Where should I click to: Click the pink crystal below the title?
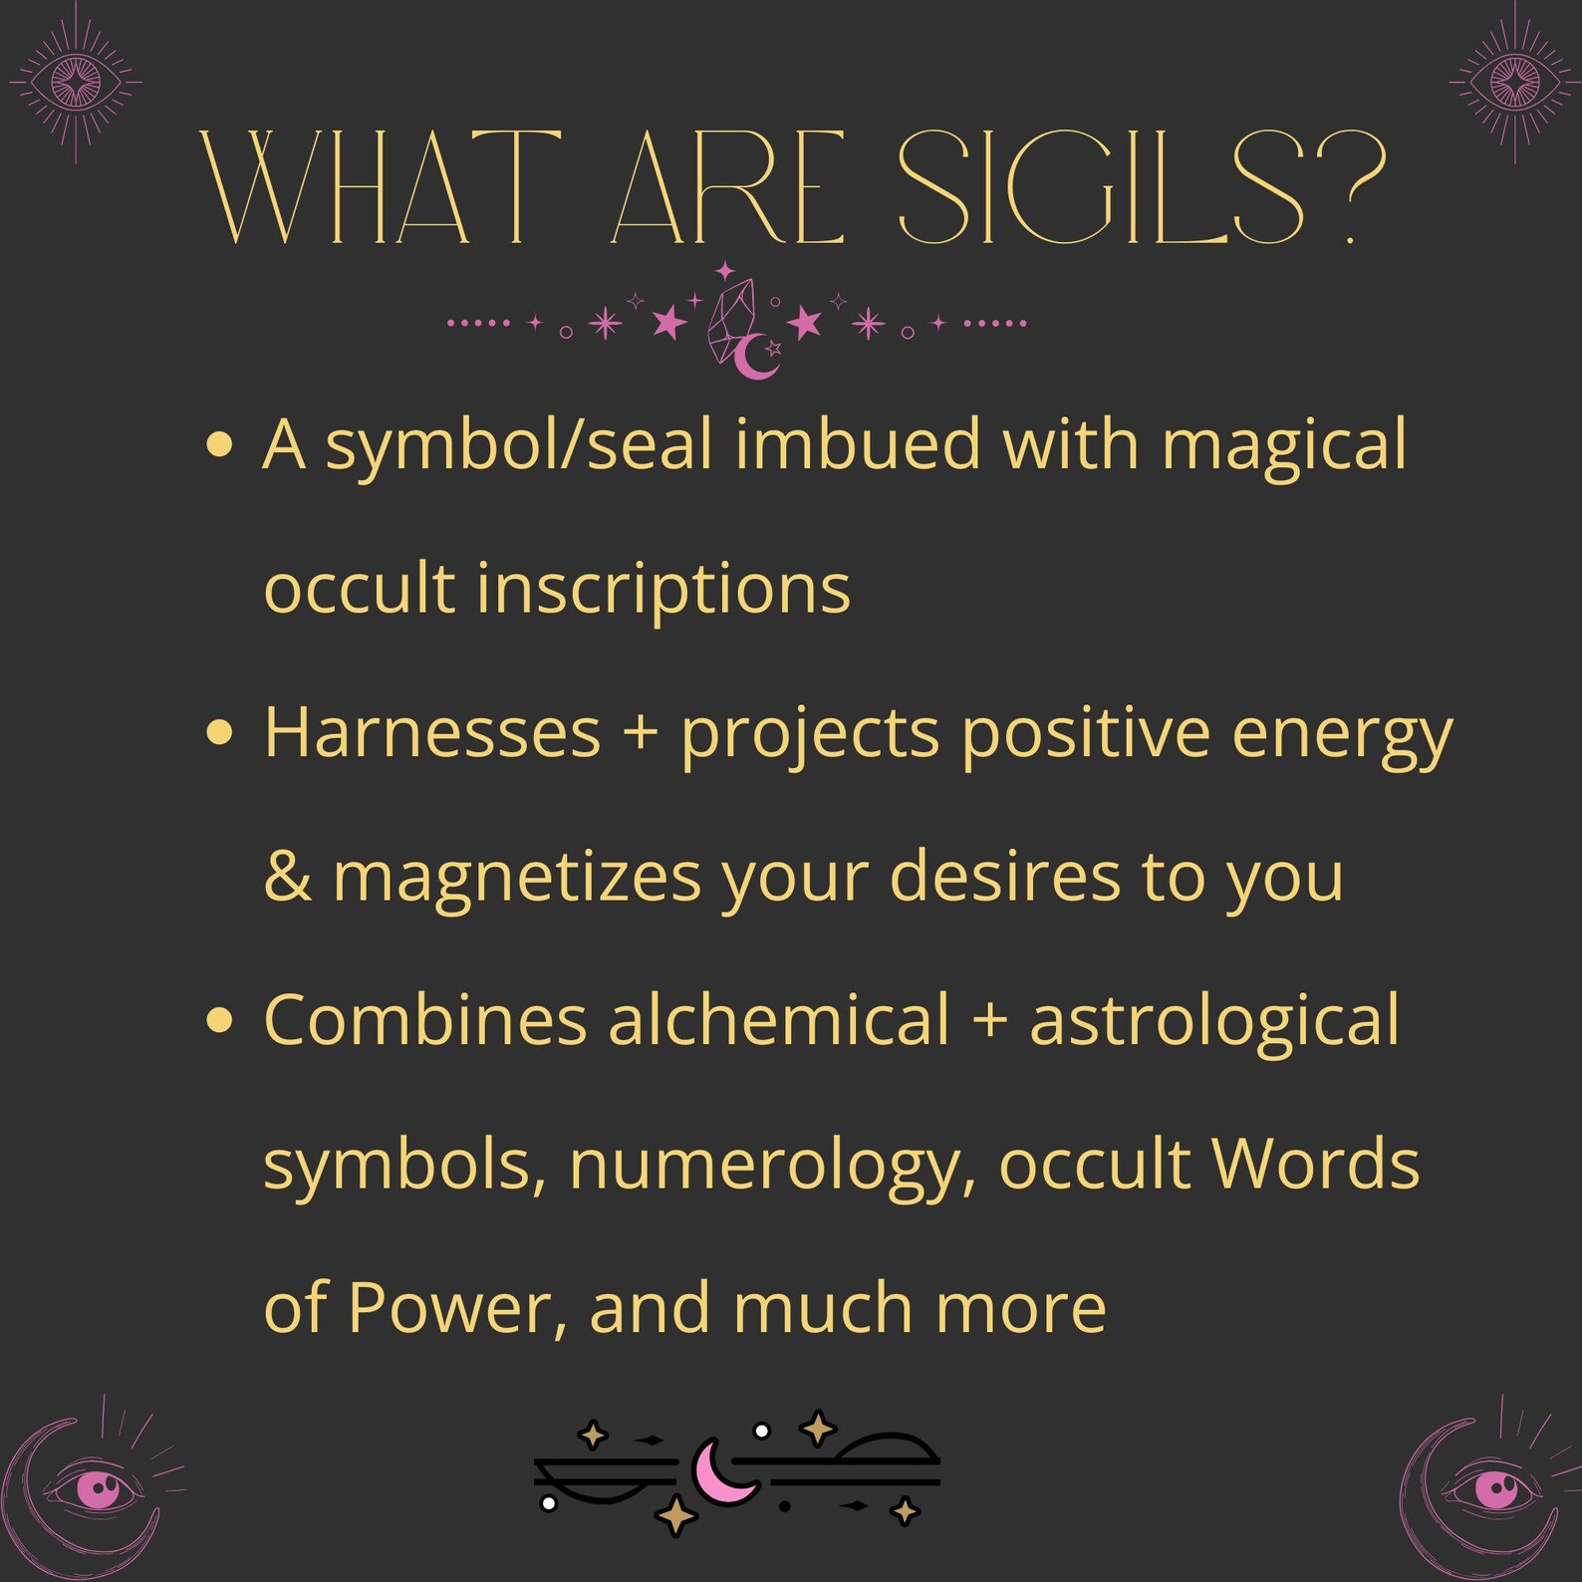pos(732,319)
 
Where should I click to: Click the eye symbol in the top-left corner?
pos(76,82)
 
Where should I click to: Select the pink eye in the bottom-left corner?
pos(97,1489)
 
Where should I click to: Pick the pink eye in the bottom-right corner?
pos(1495,1489)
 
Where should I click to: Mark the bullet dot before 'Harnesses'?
pos(219,733)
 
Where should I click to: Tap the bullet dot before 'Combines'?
pos(219,1020)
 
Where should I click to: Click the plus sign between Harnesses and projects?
pos(640,733)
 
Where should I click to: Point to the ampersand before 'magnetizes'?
pos(287,877)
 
